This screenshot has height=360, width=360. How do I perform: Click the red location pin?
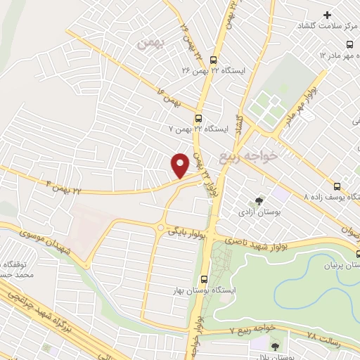click(181, 165)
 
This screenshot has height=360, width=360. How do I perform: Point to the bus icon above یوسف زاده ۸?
click(337, 186)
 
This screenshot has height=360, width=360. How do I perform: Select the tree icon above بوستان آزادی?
click(259, 200)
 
